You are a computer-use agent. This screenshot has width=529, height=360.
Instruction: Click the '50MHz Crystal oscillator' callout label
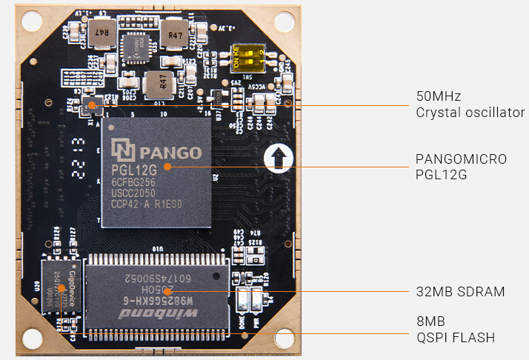click(x=470, y=104)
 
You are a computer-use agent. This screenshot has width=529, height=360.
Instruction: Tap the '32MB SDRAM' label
click(x=460, y=292)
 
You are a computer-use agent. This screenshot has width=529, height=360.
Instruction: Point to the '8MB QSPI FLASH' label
click(x=454, y=330)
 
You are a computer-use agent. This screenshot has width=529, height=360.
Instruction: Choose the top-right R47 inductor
click(x=176, y=35)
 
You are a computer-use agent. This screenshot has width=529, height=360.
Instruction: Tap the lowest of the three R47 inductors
click(x=156, y=82)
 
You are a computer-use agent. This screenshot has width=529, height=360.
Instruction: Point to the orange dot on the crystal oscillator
click(x=92, y=105)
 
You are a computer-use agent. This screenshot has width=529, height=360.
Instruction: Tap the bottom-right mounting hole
click(x=284, y=339)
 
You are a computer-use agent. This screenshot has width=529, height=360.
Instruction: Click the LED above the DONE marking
click(x=242, y=301)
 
